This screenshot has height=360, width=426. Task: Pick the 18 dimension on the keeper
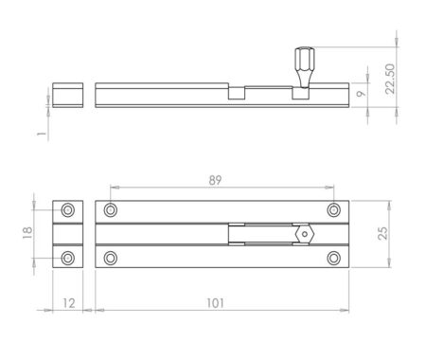coord(32,233)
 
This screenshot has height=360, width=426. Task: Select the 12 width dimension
coord(67,303)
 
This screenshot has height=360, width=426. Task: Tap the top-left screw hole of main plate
coord(112,210)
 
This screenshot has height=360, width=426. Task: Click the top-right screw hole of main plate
coord(333,210)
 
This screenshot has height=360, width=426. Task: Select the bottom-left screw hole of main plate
coord(112,258)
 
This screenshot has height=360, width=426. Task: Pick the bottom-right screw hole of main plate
coord(333,258)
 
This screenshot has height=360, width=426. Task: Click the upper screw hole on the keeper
coord(67,210)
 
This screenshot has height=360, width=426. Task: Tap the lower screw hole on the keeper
coord(67,258)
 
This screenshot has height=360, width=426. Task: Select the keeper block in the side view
coord(67,95)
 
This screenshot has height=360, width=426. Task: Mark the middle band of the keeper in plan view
coord(67,234)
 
